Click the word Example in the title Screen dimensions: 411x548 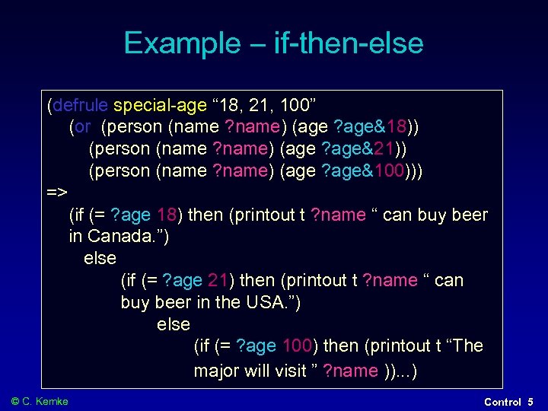180,43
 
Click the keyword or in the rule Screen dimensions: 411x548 82,126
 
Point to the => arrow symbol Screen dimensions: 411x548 57,193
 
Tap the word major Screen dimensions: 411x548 216,371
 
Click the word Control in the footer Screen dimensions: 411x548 502,401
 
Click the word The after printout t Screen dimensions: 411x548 468,346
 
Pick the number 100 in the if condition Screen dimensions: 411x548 297,346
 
